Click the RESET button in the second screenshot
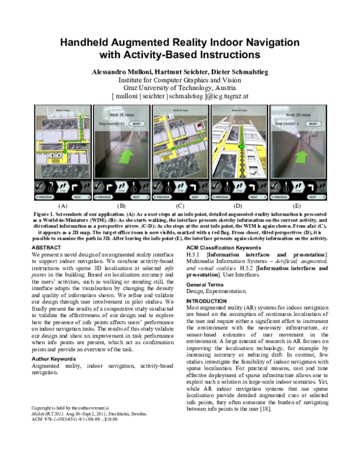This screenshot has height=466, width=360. [136, 124]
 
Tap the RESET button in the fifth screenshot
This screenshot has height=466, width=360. [313, 124]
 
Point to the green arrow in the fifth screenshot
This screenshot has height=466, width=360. [302, 157]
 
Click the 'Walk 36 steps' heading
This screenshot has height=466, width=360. [122, 115]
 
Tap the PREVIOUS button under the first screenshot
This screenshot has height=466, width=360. [44, 196]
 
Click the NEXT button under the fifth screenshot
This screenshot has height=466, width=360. [316, 196]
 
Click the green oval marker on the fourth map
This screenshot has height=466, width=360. [241, 146]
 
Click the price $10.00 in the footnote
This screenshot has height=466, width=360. [110, 419]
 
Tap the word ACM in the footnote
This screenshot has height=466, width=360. [36, 419]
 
